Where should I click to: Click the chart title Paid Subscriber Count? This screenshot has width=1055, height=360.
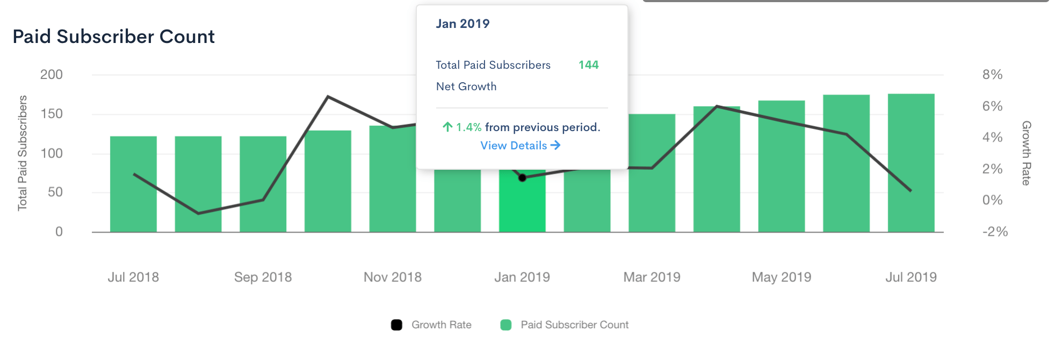coord(113,37)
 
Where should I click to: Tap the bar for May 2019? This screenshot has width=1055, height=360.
coord(782,166)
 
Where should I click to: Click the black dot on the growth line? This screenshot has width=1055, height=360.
coord(522,178)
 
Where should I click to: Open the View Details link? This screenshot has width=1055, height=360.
coord(520,146)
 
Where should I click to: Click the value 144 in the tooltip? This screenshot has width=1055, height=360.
coord(588,65)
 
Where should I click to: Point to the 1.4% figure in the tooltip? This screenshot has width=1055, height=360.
coord(468,127)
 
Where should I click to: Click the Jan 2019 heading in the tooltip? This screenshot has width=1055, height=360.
coord(463,24)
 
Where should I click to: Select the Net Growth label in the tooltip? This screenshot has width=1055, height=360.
coord(466,87)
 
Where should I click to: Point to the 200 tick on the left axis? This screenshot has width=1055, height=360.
coord(52,75)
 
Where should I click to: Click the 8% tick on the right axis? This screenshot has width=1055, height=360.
coord(992,75)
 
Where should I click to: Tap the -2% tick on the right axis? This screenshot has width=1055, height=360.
coord(994,232)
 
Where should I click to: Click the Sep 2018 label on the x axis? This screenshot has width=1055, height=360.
coord(263,277)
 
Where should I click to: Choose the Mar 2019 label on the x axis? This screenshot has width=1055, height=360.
coord(652,277)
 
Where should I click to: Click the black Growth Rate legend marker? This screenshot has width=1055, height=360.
coord(396,325)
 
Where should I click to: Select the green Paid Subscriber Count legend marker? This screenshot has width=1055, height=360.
coord(505,325)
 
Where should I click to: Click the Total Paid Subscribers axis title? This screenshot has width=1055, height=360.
coord(23,153)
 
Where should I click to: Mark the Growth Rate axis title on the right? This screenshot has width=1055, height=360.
coord(1026,153)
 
